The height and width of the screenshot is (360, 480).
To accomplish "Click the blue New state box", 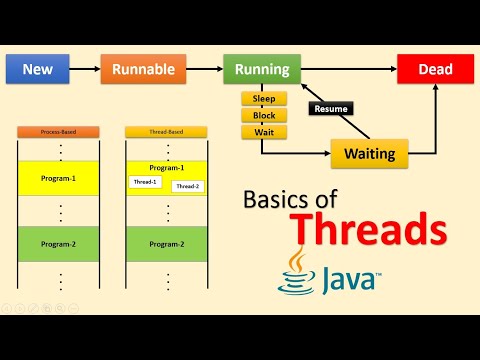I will tap(36, 70).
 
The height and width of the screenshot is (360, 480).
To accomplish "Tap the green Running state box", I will tap(262, 70).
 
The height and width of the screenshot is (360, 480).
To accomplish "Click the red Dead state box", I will tap(435, 70).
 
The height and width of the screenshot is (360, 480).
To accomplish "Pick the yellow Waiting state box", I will tap(369, 154).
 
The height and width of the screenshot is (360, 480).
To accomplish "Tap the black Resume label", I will tap(331, 107).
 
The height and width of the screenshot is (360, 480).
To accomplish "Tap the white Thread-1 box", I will tap(144, 182).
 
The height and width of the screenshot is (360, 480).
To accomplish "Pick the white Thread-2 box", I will tap(187, 186).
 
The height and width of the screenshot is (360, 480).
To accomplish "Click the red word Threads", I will tap(373, 229).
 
